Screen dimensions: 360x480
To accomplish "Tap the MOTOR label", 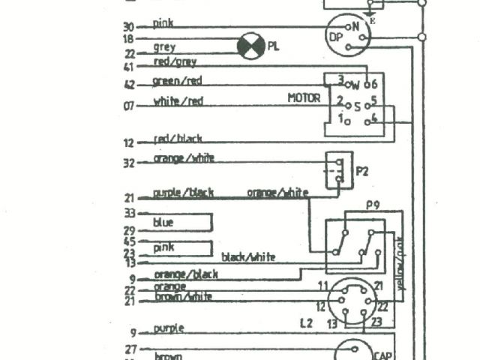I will click(x=303, y=98).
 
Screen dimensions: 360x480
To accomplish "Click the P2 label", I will click(x=362, y=171).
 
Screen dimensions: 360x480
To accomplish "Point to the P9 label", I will click(x=373, y=204).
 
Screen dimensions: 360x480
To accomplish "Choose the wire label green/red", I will click(x=176, y=80).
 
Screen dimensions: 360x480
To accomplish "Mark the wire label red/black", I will click(x=177, y=139).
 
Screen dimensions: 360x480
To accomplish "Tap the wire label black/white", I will click(x=247, y=256).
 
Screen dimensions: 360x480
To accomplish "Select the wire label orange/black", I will click(x=185, y=274).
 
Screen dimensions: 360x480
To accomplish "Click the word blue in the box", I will click(x=163, y=223).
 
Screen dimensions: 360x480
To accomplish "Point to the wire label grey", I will click(x=164, y=47).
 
